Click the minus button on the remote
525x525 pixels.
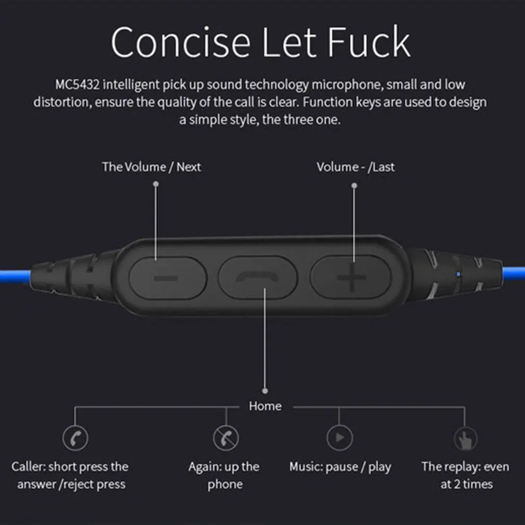point(168,278)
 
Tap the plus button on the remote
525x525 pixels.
point(350,277)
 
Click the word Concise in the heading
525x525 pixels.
point(181,42)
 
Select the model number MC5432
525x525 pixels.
point(77,85)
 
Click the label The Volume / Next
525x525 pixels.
point(151,167)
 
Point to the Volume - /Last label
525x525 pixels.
point(356,167)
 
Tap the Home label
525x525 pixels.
point(265,406)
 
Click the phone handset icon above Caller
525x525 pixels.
point(75,438)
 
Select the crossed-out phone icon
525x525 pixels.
point(226,438)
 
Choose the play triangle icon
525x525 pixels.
point(340,438)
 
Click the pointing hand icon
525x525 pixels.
point(465,439)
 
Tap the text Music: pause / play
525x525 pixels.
point(340,467)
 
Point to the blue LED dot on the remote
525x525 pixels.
point(458,274)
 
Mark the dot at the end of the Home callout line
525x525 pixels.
point(265,391)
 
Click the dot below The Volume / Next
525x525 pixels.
point(156,184)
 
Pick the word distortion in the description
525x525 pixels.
point(62,102)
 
